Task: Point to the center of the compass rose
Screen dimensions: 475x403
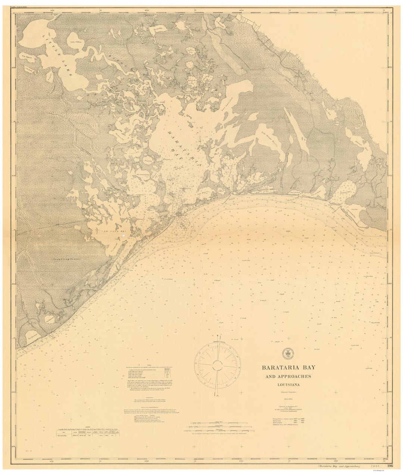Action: (x=217, y=365)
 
